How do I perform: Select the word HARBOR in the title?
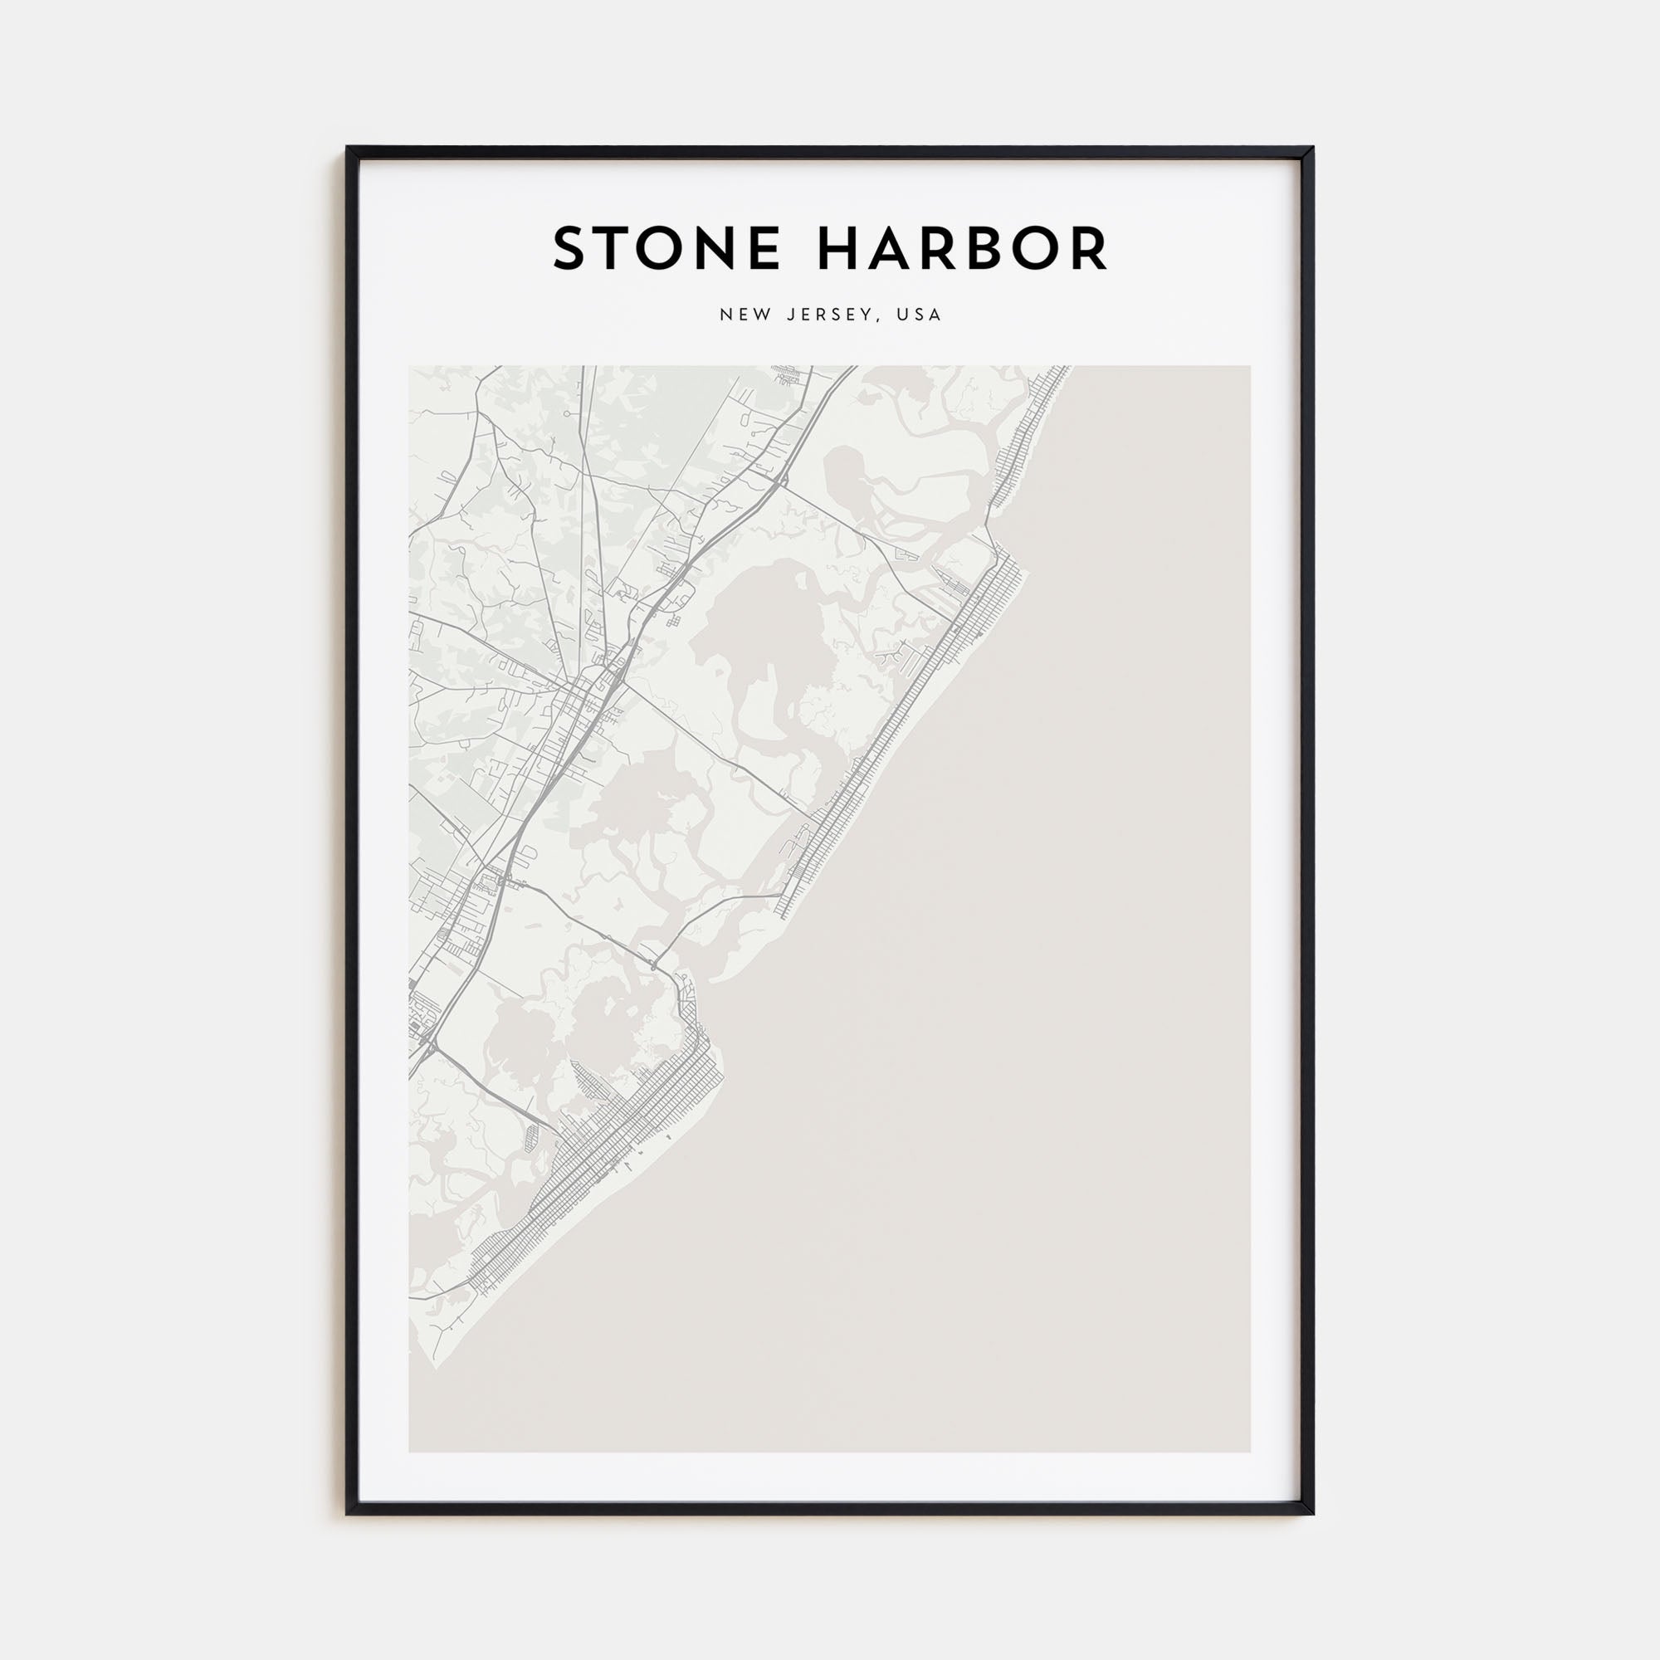coord(962,249)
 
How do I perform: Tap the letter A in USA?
coord(935,315)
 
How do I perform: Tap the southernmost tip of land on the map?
coord(435,1368)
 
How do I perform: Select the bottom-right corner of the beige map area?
coord(1249,1451)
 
